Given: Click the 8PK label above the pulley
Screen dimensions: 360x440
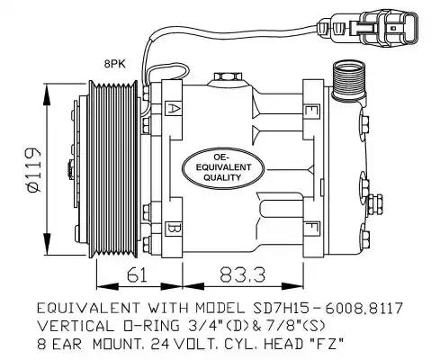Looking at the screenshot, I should point(114,64).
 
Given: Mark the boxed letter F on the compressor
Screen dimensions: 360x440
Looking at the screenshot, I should point(310,226).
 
